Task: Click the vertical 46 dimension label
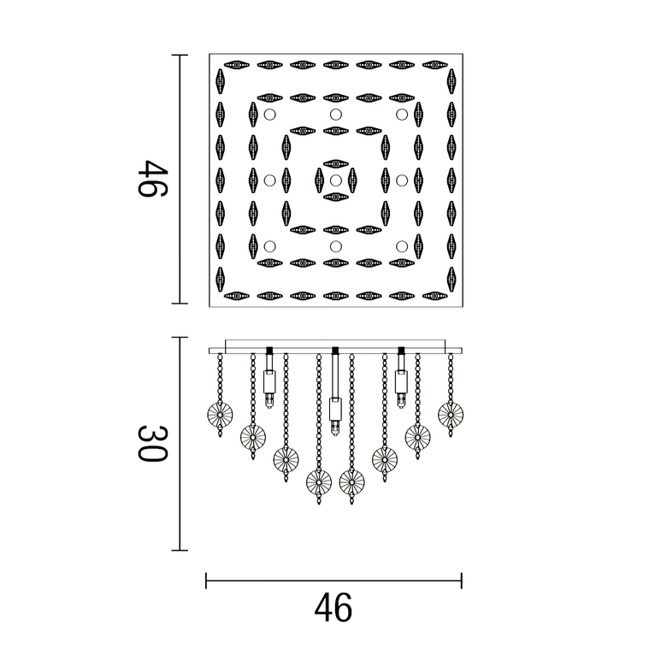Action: [150, 179]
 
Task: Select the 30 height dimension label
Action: [150, 443]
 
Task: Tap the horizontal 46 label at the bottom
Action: [333, 608]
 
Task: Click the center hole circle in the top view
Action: [335, 180]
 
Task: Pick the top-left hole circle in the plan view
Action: [269, 115]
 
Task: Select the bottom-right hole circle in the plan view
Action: [401, 246]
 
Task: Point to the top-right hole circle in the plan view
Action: [401, 115]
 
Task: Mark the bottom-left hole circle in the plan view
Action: [269, 246]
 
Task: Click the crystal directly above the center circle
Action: [335, 162]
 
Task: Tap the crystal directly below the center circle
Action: [335, 198]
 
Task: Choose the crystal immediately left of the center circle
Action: [319, 180]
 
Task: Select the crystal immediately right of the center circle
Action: [352, 180]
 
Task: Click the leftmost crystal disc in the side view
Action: [221, 416]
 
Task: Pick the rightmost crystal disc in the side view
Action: [450, 415]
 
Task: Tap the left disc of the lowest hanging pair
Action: [319, 482]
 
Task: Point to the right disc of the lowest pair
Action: [351, 482]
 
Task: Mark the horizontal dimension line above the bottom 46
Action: [333, 581]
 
